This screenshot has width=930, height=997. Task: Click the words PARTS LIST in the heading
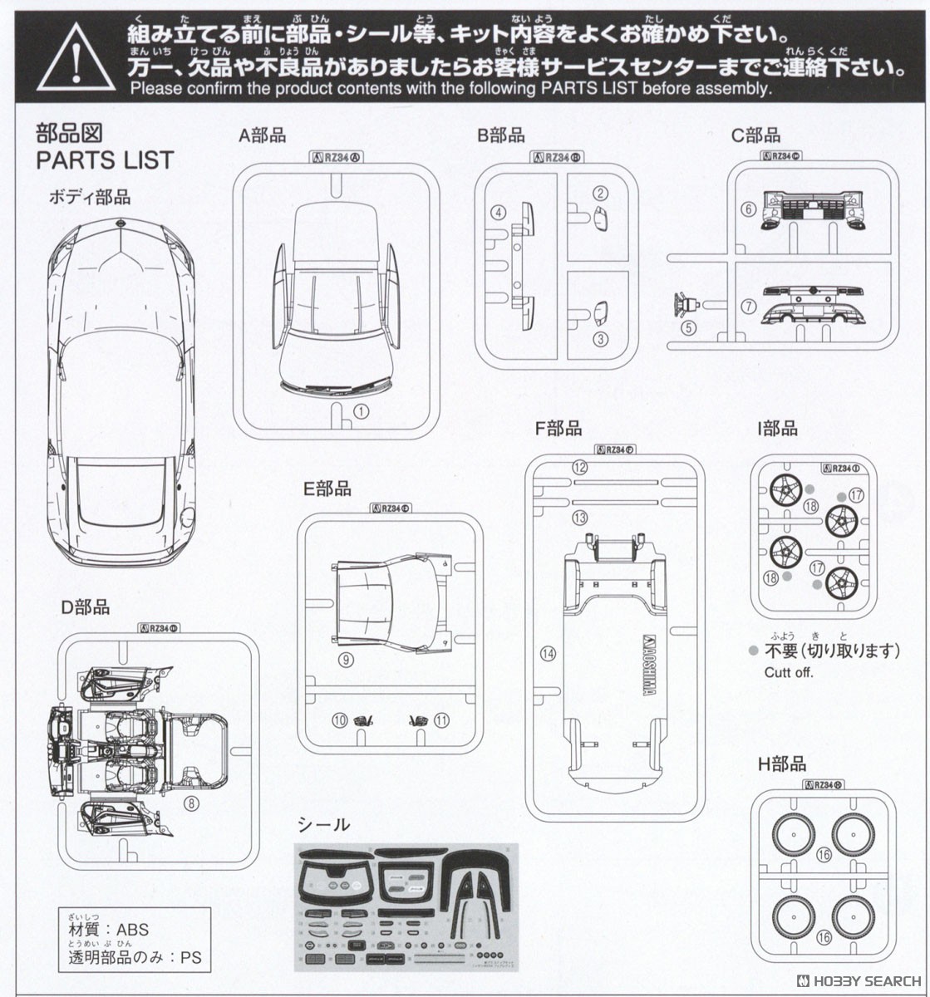click(105, 160)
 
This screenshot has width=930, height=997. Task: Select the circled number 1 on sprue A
click(361, 410)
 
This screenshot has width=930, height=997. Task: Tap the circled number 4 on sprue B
click(499, 214)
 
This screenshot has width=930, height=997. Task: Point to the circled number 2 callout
click(600, 194)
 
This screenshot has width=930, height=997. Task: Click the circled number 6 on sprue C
click(749, 209)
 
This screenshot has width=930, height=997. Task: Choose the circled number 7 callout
click(749, 307)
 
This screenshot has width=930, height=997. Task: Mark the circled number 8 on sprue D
click(193, 803)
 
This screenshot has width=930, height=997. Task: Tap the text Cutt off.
click(789, 673)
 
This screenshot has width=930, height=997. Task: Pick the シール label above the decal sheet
click(322, 824)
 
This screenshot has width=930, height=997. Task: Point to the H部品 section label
click(781, 764)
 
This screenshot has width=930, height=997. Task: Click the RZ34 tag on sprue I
click(840, 469)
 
